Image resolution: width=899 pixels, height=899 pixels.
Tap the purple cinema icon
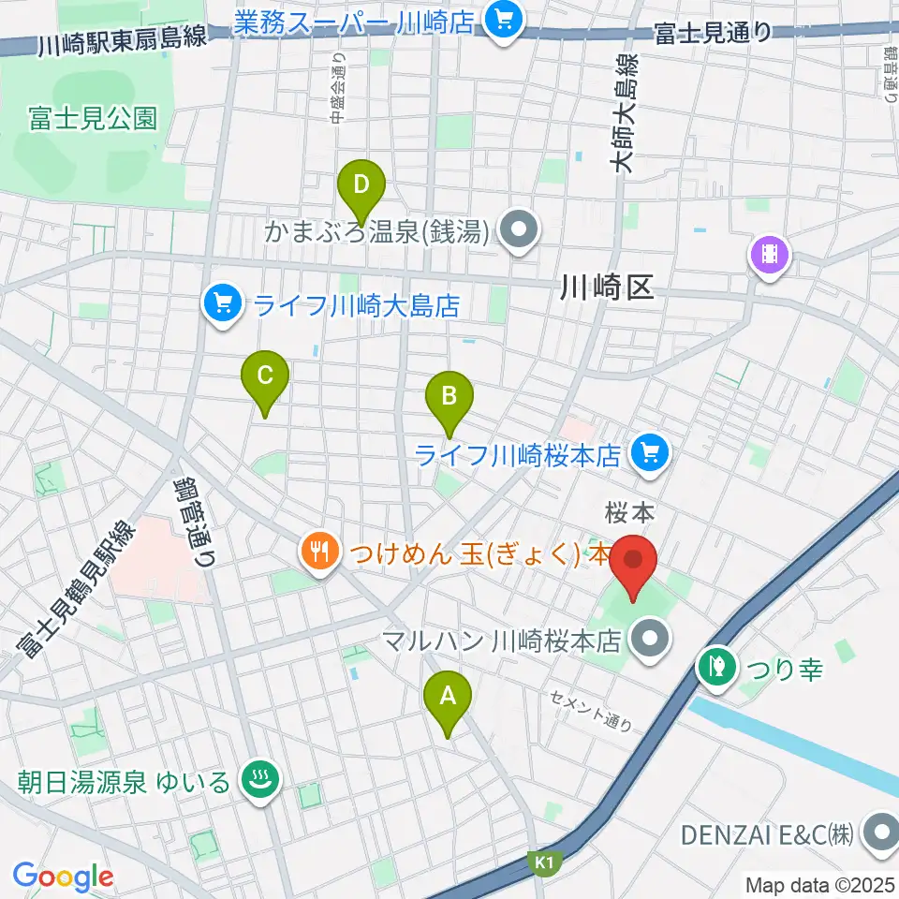pos(769,253)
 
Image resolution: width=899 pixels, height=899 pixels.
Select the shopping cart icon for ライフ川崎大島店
pos(222,304)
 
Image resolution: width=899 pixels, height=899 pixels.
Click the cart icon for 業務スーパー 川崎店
pos(504,20)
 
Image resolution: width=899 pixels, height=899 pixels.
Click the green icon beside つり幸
pos(716,668)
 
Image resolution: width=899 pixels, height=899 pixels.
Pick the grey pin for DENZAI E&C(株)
pos(880,832)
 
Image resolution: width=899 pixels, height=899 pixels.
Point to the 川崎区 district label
pos(606,287)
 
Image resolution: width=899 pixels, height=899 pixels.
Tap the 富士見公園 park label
pos(92,119)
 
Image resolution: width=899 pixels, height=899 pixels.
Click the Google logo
pos(64,877)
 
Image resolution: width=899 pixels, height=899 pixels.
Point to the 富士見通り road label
pos(713,33)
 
